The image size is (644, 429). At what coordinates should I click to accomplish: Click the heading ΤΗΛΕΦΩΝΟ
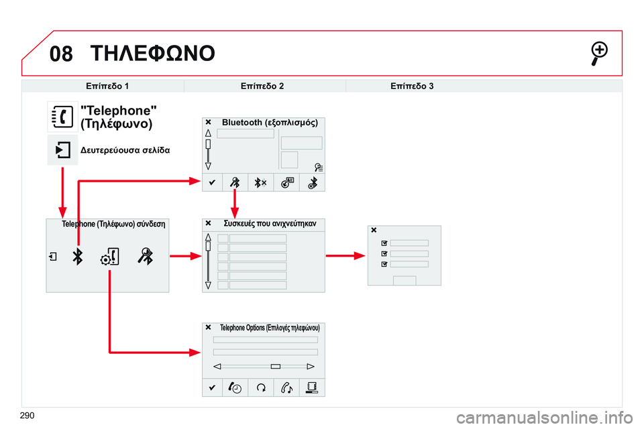(x=152, y=53)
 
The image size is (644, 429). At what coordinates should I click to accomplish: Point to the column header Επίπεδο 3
(x=411, y=86)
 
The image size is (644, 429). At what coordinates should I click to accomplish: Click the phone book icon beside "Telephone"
(x=62, y=117)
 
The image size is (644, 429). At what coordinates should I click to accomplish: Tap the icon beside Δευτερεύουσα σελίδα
(x=62, y=149)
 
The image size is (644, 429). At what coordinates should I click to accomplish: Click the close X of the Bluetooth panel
(x=208, y=123)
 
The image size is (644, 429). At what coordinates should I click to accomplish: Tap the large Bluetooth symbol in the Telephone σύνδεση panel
(x=78, y=256)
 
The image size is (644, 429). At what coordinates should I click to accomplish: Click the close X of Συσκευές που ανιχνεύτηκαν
(x=208, y=223)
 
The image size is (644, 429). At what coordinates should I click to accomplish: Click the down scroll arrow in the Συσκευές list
(x=209, y=285)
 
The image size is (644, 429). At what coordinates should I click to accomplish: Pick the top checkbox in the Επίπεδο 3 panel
(x=384, y=243)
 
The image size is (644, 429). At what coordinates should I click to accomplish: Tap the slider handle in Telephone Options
(x=276, y=367)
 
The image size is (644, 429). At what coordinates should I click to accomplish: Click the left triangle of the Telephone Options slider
(x=217, y=367)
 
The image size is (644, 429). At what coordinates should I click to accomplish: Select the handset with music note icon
(x=287, y=387)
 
